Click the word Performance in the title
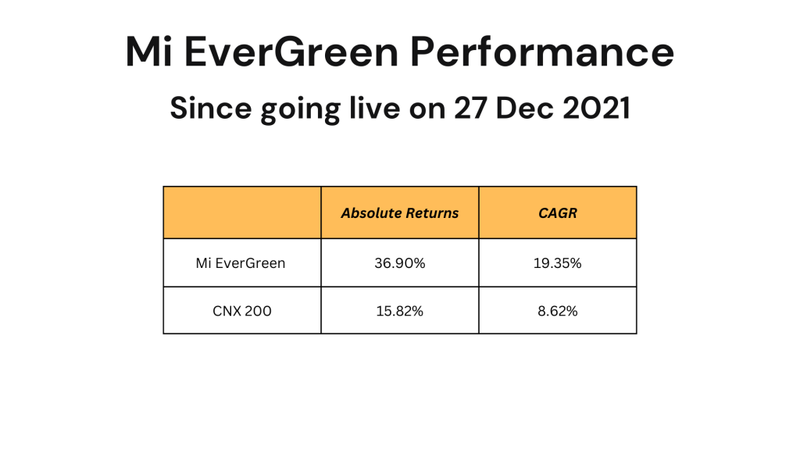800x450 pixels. (542, 52)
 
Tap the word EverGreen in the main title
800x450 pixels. (291, 52)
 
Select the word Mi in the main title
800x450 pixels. (148, 52)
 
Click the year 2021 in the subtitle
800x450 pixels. (596, 108)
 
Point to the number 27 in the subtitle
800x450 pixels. (470, 108)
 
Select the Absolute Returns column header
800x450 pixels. (400, 212)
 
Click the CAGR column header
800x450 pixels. (558, 212)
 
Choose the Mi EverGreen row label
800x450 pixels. (241, 263)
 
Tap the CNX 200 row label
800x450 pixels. (242, 311)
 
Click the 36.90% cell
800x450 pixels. (400, 263)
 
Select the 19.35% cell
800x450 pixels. (558, 263)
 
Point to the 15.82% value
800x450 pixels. (400, 311)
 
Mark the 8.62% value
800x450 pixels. (558, 311)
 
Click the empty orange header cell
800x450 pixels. (242, 212)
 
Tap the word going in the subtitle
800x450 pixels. (299, 110)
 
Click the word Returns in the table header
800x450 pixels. (433, 212)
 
